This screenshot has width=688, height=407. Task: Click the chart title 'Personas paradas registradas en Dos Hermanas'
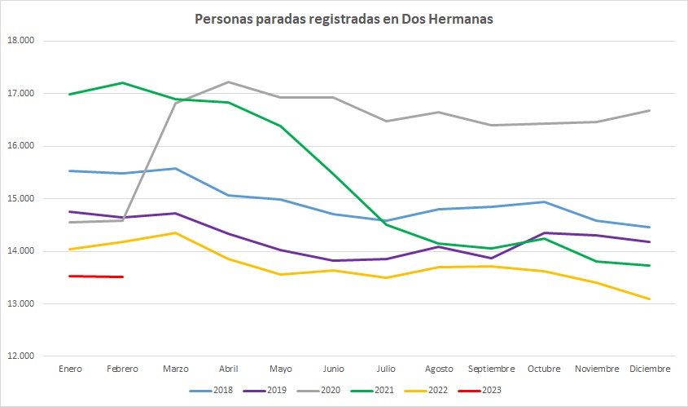(344, 18)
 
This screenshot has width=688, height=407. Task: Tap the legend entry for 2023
(480, 391)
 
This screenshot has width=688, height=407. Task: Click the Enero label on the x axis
(70, 369)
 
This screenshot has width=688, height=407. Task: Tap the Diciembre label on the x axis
(650, 369)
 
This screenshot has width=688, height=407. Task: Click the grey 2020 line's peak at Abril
(228, 82)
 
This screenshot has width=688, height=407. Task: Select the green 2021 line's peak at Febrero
(122, 82)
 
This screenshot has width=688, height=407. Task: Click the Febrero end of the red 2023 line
(122, 276)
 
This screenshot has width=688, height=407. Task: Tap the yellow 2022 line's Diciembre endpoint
(650, 299)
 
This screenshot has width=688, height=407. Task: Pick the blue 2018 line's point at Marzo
(174, 168)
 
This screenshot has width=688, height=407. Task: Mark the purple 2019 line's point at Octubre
(544, 232)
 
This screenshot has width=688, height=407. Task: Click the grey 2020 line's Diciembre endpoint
(650, 110)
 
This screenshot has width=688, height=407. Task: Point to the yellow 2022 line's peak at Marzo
(174, 232)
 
